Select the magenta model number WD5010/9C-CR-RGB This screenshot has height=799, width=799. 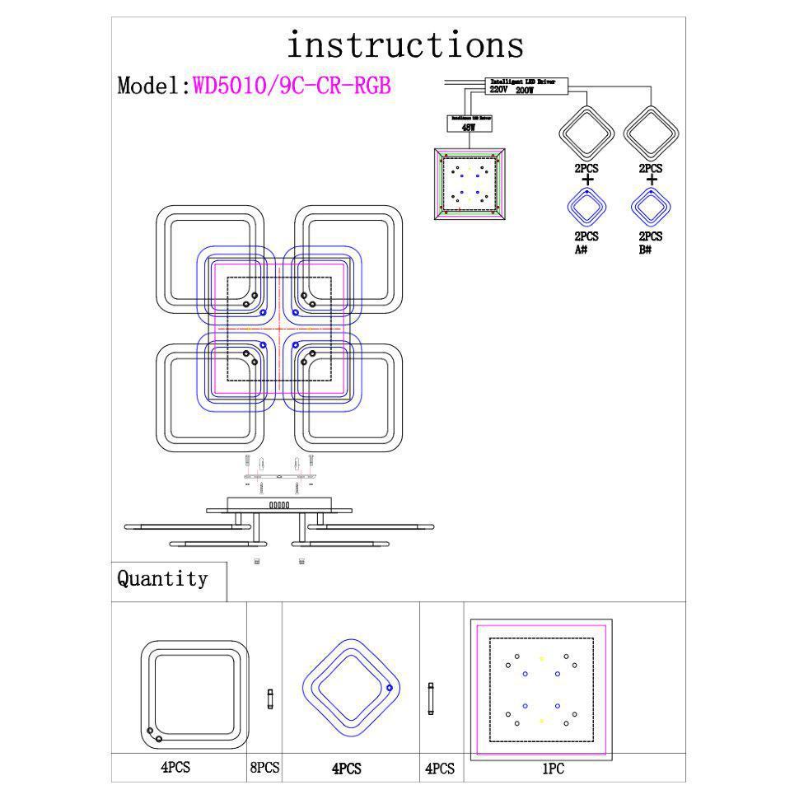(292, 86)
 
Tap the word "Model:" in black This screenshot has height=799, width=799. (154, 86)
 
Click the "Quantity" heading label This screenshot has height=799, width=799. (162, 579)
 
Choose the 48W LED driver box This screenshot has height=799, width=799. (470, 124)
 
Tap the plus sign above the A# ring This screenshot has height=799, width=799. (586, 180)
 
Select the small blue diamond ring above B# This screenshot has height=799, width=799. (652, 207)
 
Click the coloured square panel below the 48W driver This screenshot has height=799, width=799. (470, 183)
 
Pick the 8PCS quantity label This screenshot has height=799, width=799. (264, 768)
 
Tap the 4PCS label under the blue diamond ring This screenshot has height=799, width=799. (347, 769)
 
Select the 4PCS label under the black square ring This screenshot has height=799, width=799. (175, 768)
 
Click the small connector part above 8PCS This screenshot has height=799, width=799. (269, 700)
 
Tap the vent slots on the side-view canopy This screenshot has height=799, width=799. (279, 505)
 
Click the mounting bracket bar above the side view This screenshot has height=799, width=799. (279, 475)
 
